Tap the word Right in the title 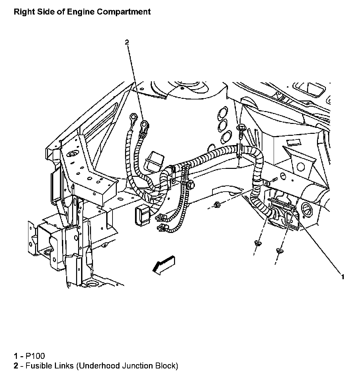[23, 12]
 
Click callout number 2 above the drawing [127, 42]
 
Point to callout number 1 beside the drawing [343, 277]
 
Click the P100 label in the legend [35, 356]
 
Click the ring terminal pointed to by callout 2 [145, 125]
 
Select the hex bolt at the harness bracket [191, 185]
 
